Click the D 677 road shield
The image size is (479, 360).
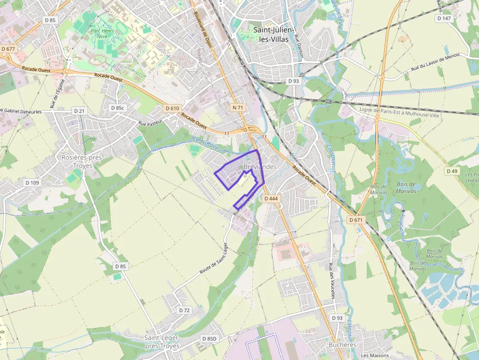[x=8, y=49]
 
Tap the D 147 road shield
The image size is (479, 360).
[x=444, y=18]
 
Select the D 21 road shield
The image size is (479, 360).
[x=78, y=111]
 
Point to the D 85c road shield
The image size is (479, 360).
[x=118, y=107]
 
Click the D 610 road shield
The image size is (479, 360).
[x=173, y=108]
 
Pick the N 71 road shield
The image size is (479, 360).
[x=238, y=107]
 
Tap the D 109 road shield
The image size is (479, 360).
[x=32, y=183]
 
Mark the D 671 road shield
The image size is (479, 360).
[x=356, y=220]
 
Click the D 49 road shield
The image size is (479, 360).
[x=452, y=171]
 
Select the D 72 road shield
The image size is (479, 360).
[x=184, y=310]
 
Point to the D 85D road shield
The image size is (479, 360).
[x=209, y=339]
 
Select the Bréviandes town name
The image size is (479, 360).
[x=260, y=167]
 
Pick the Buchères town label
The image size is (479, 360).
[x=342, y=344]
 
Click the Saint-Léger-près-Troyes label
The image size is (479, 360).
[x=162, y=341]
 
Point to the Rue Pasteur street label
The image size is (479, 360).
[x=150, y=124]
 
